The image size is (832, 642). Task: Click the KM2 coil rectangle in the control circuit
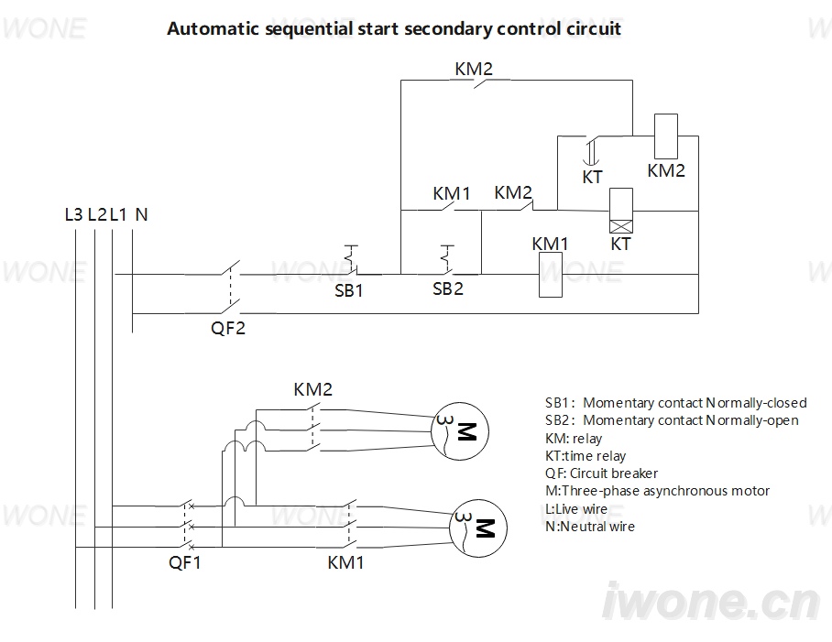pyautogui.click(x=666, y=136)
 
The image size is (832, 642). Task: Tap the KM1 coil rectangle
pyautogui.click(x=551, y=275)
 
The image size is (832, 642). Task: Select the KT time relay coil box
pyautogui.click(x=621, y=211)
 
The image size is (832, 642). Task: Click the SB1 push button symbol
pyautogui.click(x=351, y=260)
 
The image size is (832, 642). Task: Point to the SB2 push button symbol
pyautogui.click(x=448, y=260)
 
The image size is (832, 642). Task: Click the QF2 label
pyautogui.click(x=228, y=328)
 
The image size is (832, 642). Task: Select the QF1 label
pyautogui.click(x=185, y=562)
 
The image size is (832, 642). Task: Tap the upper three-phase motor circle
pyautogui.click(x=459, y=431)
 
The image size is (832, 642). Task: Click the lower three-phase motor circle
pyautogui.click(x=478, y=528)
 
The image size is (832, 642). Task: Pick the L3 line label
pyautogui.click(x=73, y=214)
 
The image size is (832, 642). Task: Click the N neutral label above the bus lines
pyautogui.click(x=142, y=214)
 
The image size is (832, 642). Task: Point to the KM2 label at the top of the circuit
pyautogui.click(x=474, y=69)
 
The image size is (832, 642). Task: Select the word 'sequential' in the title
pyautogui.click(x=309, y=28)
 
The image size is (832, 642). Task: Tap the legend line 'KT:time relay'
pyautogui.click(x=586, y=456)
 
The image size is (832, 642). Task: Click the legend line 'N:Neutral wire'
pyautogui.click(x=590, y=527)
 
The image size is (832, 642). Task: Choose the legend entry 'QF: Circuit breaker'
pyautogui.click(x=601, y=473)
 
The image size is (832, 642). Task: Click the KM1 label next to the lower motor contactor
pyautogui.click(x=346, y=562)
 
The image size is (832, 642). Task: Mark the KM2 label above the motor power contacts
pyautogui.click(x=313, y=389)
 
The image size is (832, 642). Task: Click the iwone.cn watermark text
pyautogui.click(x=712, y=603)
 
